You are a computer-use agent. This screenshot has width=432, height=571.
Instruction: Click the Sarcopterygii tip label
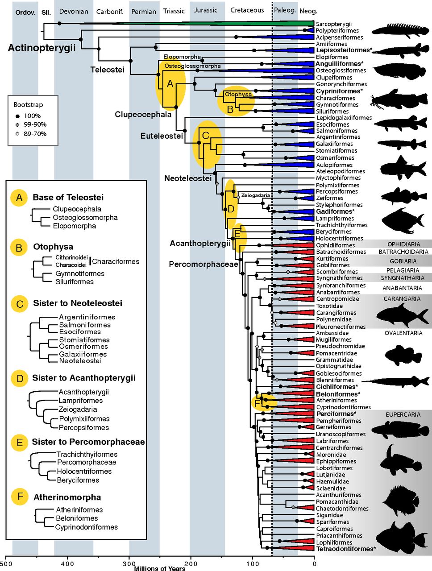click(x=334, y=24)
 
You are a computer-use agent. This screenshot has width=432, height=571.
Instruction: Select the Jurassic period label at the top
click(x=206, y=10)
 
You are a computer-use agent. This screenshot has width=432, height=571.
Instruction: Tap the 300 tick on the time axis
click(x=129, y=564)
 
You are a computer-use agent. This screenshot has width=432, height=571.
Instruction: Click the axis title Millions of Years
click(x=160, y=568)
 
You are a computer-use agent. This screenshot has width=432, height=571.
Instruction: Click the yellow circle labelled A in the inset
click(x=19, y=197)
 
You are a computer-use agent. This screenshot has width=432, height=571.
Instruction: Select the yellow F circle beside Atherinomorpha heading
click(x=19, y=497)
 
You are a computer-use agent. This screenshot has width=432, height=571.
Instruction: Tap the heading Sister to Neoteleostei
click(x=77, y=303)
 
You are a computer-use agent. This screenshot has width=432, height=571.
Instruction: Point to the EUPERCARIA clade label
click(x=403, y=415)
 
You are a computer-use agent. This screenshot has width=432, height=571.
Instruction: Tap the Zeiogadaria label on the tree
click(x=256, y=195)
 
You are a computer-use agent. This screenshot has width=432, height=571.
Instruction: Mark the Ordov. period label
click(x=25, y=12)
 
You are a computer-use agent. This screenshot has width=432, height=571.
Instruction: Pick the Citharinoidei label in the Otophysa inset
click(x=71, y=258)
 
